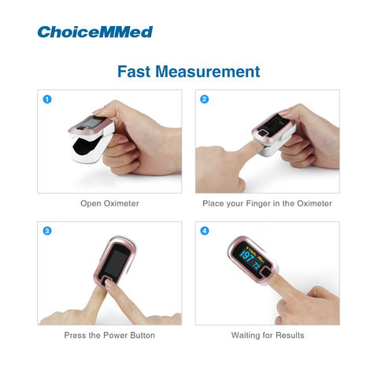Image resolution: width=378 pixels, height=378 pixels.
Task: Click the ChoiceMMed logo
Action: pyautogui.click(x=95, y=32)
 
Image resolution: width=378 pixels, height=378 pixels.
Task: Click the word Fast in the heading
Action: pyautogui.click(x=134, y=72)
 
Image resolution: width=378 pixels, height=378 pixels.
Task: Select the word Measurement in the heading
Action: pyautogui.click(x=208, y=72)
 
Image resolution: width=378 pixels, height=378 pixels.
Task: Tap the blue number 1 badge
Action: pyautogui.click(x=47, y=99)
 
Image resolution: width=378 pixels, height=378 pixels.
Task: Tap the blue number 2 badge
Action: pyautogui.click(x=205, y=99)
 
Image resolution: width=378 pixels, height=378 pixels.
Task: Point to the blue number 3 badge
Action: pyautogui.click(x=47, y=231)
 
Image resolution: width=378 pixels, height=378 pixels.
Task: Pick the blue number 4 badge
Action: pyautogui.click(x=205, y=231)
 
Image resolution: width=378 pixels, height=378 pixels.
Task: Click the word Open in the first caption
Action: pyautogui.click(x=91, y=203)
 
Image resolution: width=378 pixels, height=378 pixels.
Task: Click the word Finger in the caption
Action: pyautogui.click(x=258, y=203)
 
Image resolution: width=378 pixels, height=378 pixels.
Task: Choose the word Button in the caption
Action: pyautogui.click(x=143, y=335)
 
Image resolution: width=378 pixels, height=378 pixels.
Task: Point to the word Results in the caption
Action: pyautogui.click(x=290, y=335)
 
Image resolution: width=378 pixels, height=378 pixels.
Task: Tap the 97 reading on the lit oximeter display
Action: pyautogui.click(x=247, y=256)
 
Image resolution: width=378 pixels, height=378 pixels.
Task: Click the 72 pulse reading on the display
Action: pyautogui.click(x=257, y=265)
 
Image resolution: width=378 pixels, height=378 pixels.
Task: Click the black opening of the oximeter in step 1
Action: pyautogui.click(x=87, y=145)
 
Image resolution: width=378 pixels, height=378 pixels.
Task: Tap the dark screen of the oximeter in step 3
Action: pyautogui.click(x=117, y=261)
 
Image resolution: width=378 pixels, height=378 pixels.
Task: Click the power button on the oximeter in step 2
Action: pyautogui.click(x=262, y=133)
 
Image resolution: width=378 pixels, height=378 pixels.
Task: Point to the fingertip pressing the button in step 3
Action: pyautogui.click(x=108, y=283)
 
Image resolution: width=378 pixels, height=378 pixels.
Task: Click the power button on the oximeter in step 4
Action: pyautogui.click(x=267, y=272)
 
